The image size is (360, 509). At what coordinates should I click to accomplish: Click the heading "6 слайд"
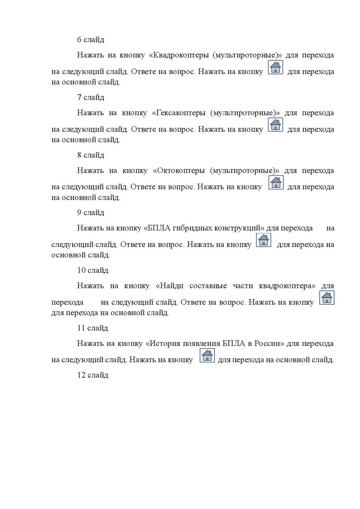90,39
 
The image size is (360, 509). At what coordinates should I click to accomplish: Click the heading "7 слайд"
90,97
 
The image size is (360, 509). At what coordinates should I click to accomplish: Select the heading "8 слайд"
90,155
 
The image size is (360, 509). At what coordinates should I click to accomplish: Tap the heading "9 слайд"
90,212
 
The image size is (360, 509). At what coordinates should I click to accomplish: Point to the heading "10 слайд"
92,270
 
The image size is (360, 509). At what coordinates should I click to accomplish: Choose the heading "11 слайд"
92,328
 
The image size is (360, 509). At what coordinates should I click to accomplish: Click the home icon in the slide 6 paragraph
275,67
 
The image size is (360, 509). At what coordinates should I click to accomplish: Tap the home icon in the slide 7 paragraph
275,125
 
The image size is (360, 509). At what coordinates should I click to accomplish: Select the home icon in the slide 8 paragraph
275,182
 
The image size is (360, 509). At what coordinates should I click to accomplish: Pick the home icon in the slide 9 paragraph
264,240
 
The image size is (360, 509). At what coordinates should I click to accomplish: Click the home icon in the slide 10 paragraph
326,298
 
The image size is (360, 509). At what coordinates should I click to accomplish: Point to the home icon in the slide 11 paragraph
207,355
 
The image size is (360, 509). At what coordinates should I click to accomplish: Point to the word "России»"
269,343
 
